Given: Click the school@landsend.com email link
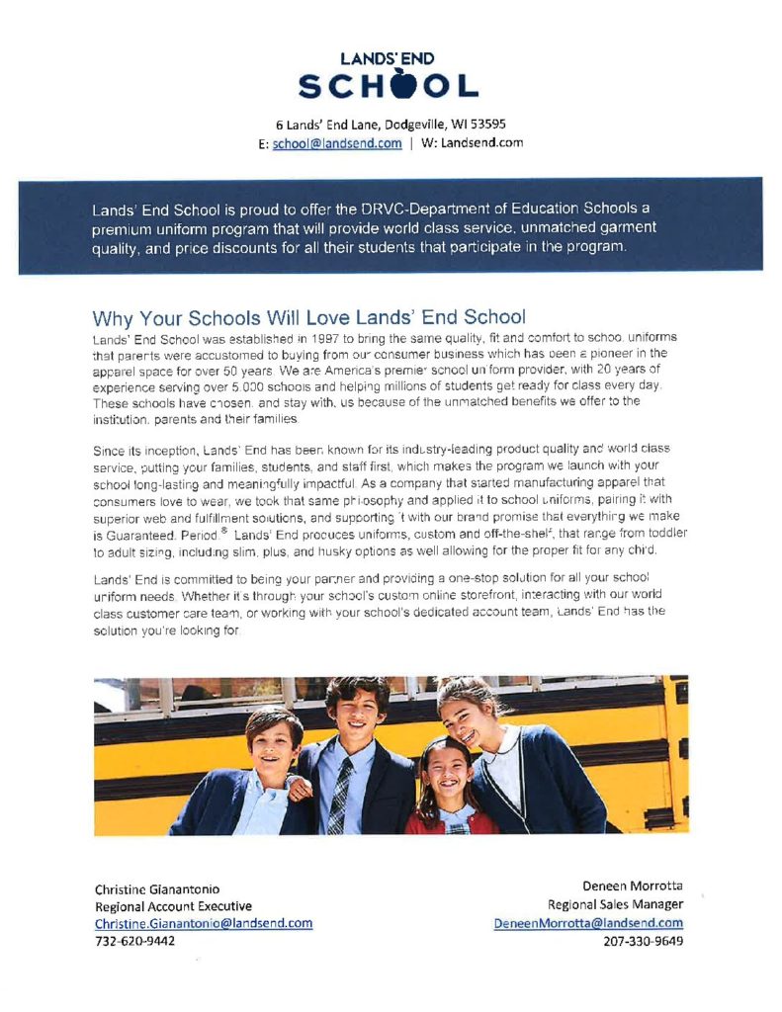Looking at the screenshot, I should click(337, 143).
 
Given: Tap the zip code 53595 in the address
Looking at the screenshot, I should click(487, 125).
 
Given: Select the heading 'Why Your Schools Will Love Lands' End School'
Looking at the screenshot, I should click(308, 318).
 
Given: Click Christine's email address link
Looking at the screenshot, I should click(204, 923).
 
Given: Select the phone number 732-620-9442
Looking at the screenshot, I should click(134, 941).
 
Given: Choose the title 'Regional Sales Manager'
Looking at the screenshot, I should click(616, 904).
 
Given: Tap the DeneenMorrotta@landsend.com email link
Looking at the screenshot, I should click(588, 923).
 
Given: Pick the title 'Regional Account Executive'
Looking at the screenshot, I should click(173, 905).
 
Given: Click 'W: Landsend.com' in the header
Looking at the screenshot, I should click(473, 143).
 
